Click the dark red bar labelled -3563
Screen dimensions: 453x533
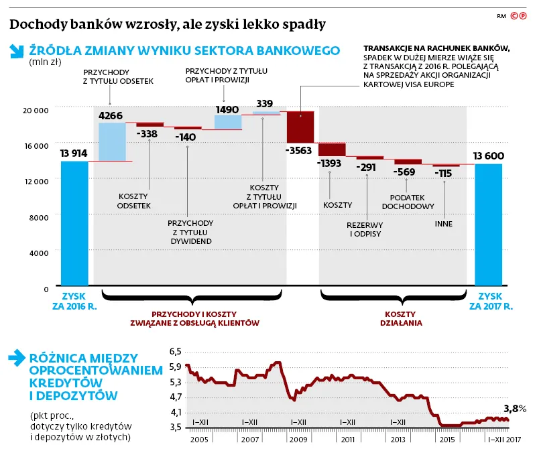coord(300,127)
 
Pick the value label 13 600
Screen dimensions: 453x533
coord(489,156)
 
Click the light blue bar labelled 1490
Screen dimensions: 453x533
coord(228,122)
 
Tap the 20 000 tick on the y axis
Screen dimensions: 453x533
coord(36,109)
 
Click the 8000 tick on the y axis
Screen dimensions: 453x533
coord(39,217)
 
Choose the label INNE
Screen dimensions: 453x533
coord(444,223)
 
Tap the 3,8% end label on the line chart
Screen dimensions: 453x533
coord(514,408)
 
